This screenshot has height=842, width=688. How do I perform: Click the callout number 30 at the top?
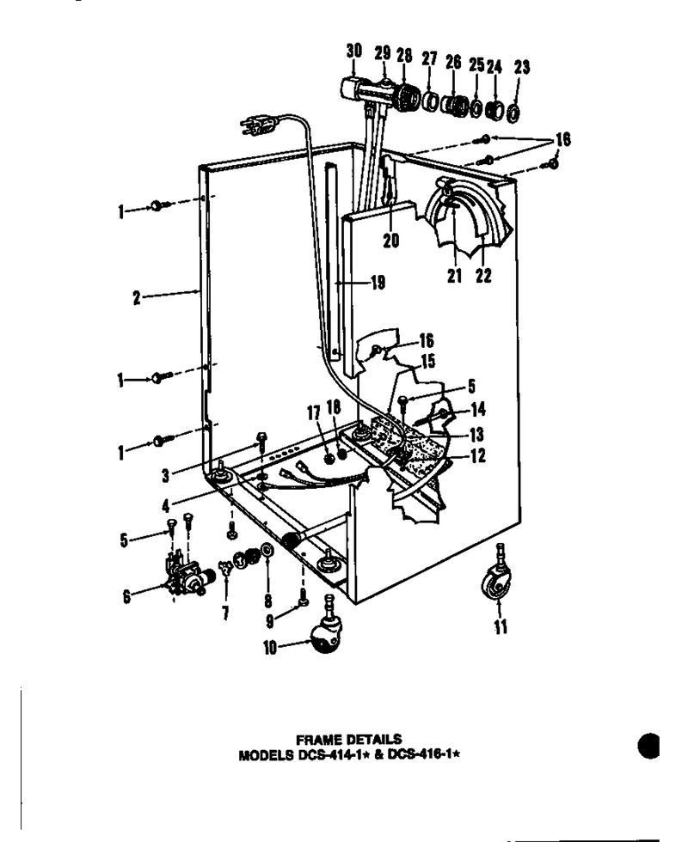[x=354, y=51]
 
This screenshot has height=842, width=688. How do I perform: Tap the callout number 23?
[x=521, y=67]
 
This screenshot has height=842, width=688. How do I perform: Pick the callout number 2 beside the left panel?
[x=137, y=297]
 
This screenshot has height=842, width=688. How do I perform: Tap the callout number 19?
[x=378, y=283]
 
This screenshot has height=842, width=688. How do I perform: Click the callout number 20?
[x=391, y=240]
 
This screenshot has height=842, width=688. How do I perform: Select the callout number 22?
[x=483, y=276]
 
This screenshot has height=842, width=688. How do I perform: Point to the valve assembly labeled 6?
[x=184, y=577]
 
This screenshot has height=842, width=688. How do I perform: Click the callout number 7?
[x=225, y=612]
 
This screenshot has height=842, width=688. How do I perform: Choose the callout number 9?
[x=270, y=620]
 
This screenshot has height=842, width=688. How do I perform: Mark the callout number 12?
[x=478, y=456]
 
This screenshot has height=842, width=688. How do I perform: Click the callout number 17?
[x=314, y=413]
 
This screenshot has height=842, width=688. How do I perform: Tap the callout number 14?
[x=478, y=410]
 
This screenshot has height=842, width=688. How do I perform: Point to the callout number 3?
[x=165, y=475]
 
